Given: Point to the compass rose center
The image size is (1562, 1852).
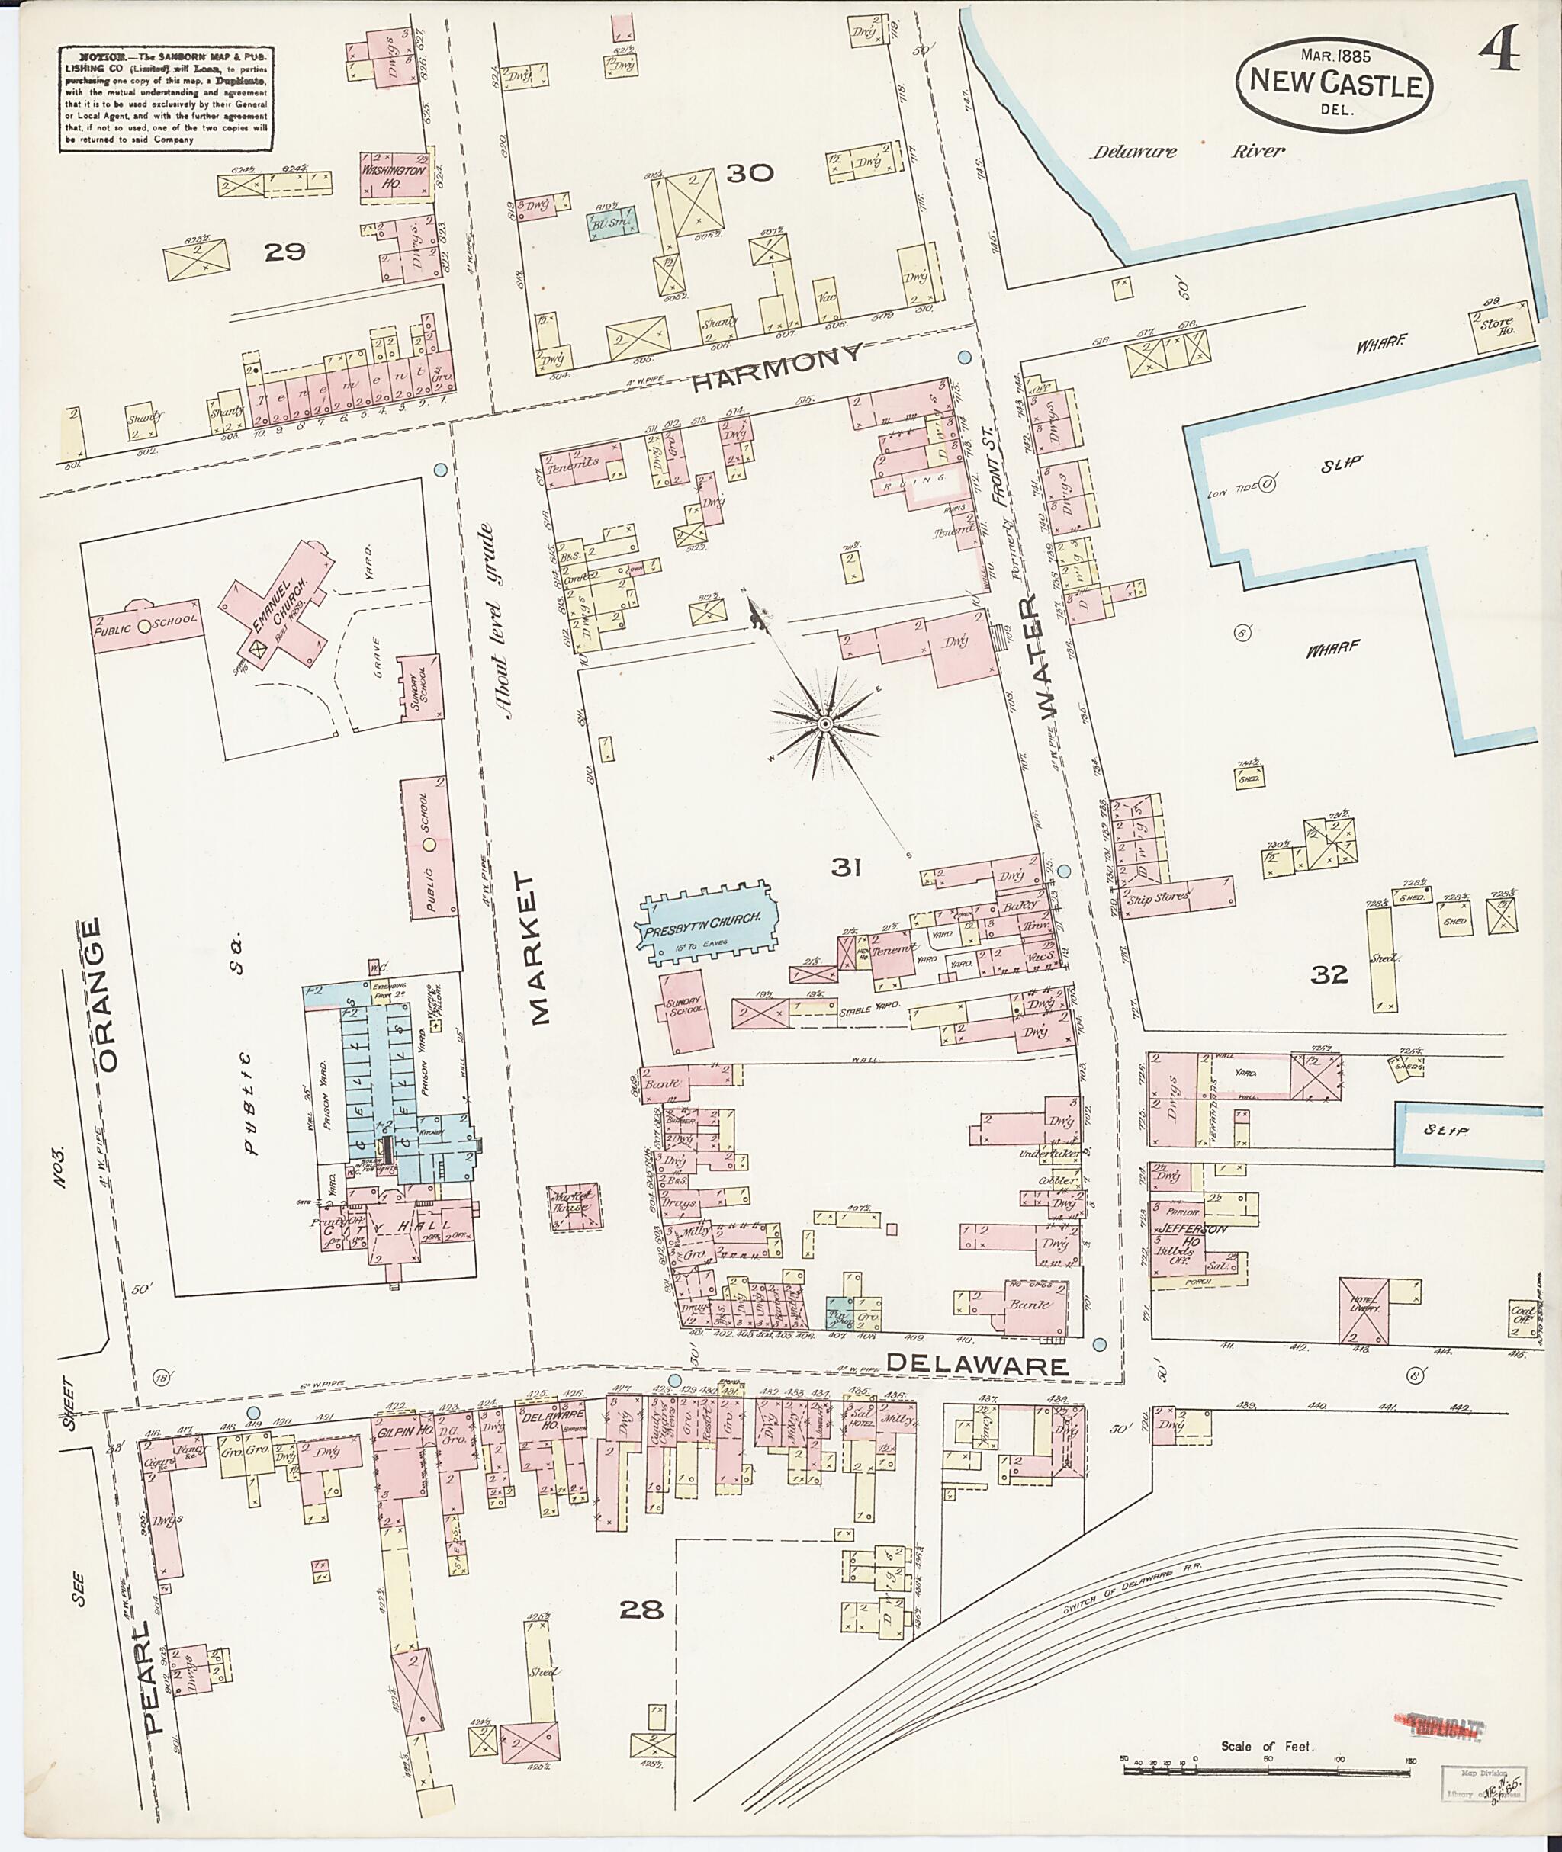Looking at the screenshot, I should tap(824, 724).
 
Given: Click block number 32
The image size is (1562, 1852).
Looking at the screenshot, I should tap(1329, 974).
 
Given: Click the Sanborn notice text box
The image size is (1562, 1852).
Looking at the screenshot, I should tap(165, 98).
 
